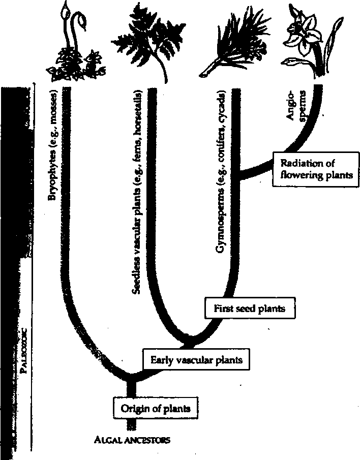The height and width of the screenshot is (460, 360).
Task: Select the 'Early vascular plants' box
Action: pyautogui.click(x=196, y=360)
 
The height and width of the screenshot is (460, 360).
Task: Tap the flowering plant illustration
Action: pyautogui.click(x=310, y=43)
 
